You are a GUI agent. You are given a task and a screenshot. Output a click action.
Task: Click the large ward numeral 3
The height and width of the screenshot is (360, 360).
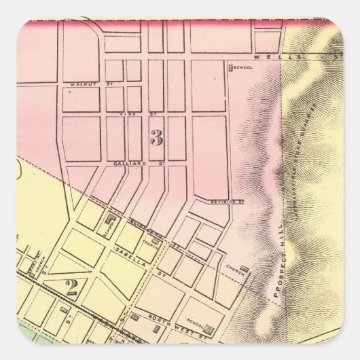(156, 138)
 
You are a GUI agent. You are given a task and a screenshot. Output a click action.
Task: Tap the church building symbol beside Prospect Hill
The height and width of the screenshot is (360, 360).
(243, 270)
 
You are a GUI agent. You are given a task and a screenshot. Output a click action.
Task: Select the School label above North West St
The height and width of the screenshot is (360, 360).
(196, 305)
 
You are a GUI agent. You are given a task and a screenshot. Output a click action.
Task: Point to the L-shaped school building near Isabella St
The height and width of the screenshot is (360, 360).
(111, 219)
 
